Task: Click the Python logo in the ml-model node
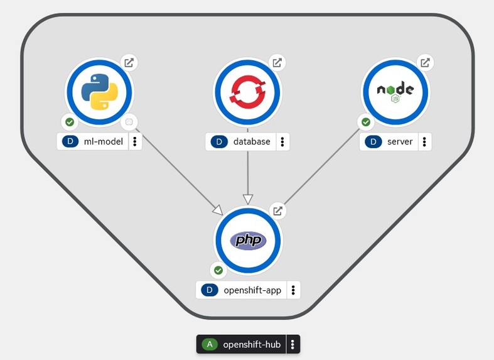coord(100,92)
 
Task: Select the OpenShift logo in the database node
coord(248,92)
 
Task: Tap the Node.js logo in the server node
coord(395,92)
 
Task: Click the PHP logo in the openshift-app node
coord(249,240)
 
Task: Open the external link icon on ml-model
coord(129,63)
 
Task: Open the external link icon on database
coord(277,63)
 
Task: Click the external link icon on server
coord(425,63)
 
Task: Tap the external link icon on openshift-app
coord(277,210)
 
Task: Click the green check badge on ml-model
coord(70,122)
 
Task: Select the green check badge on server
coord(365,122)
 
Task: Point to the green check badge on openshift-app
coord(218,270)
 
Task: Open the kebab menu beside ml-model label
coord(135,141)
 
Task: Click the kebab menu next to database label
coord(282,141)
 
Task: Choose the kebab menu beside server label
coord(425,141)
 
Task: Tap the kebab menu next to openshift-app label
coord(293,290)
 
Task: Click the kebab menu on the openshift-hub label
coord(293,344)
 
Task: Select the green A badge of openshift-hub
coord(210,344)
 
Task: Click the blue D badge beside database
coord(219,141)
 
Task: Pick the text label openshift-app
coord(252,290)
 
